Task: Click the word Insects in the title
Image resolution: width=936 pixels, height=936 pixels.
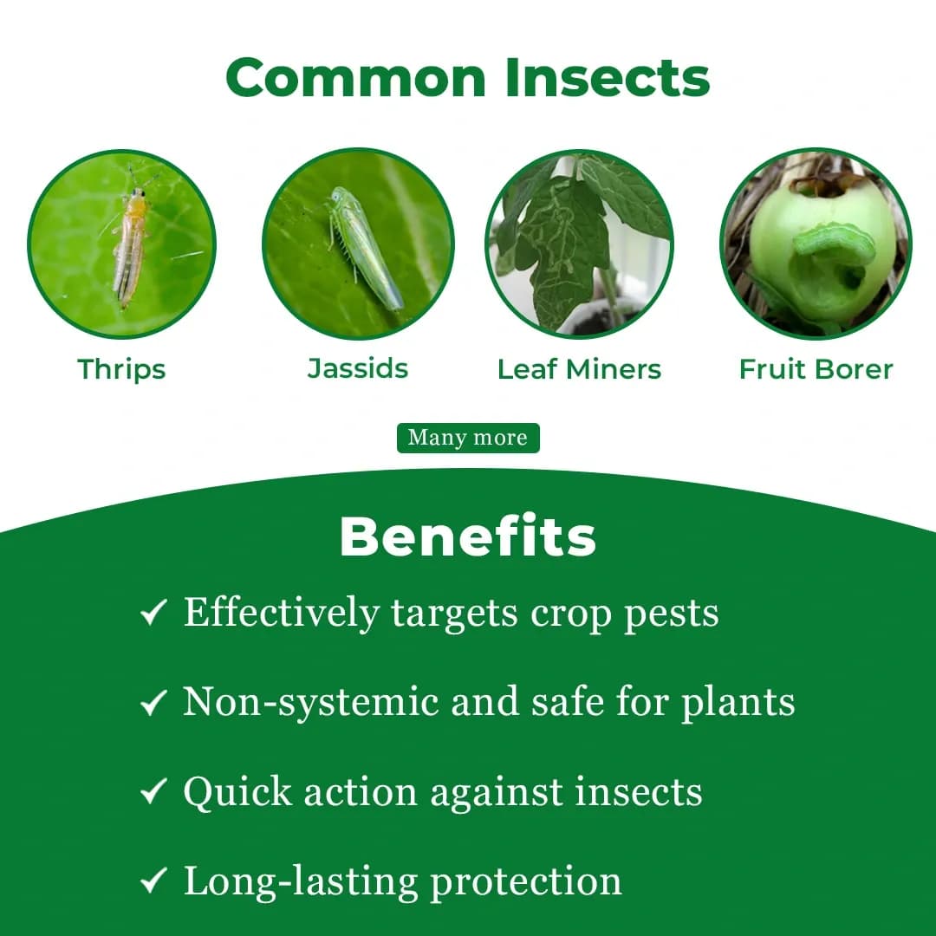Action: pyautogui.click(x=608, y=78)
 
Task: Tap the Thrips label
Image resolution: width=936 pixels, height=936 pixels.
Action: pyautogui.click(x=121, y=369)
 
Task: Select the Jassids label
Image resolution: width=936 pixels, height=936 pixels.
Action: pyautogui.click(x=358, y=368)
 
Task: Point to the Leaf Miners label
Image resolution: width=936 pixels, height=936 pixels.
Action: pyautogui.click(x=579, y=369)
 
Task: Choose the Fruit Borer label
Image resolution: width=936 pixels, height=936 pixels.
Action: pyautogui.click(x=816, y=369)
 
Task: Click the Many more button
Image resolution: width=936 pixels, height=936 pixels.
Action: pyautogui.click(x=468, y=438)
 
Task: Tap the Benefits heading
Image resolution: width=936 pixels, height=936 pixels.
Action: pyautogui.click(x=468, y=537)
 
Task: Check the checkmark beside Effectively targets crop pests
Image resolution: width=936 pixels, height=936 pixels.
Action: pyautogui.click(x=153, y=614)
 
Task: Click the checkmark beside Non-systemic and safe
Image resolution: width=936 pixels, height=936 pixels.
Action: pyautogui.click(x=153, y=703)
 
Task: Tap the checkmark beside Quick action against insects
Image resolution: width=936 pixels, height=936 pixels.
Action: pyautogui.click(x=153, y=791)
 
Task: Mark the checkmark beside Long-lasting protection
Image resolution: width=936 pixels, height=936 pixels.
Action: pyautogui.click(x=153, y=881)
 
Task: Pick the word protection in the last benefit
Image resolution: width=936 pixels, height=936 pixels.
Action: pyautogui.click(x=526, y=881)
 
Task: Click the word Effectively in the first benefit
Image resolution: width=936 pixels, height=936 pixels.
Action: pyautogui.click(x=282, y=613)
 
